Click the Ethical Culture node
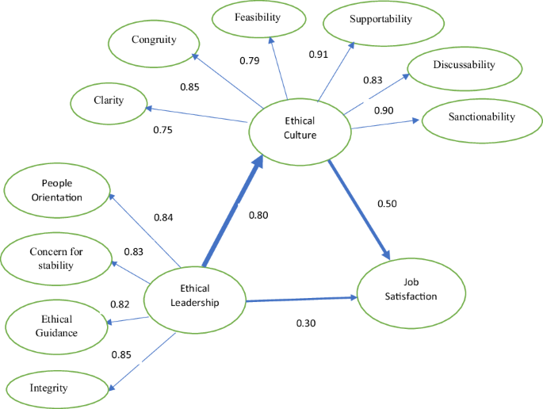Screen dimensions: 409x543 point(300,128)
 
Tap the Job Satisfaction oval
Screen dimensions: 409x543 point(410,289)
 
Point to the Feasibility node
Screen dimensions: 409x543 point(258,18)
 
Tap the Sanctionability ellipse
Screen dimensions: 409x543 point(480,118)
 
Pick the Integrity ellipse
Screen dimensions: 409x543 point(56,388)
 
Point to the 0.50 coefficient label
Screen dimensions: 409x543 point(388,203)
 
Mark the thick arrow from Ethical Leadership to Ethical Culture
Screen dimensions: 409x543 point(231,212)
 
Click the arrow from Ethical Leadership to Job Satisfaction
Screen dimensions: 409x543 point(301,300)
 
